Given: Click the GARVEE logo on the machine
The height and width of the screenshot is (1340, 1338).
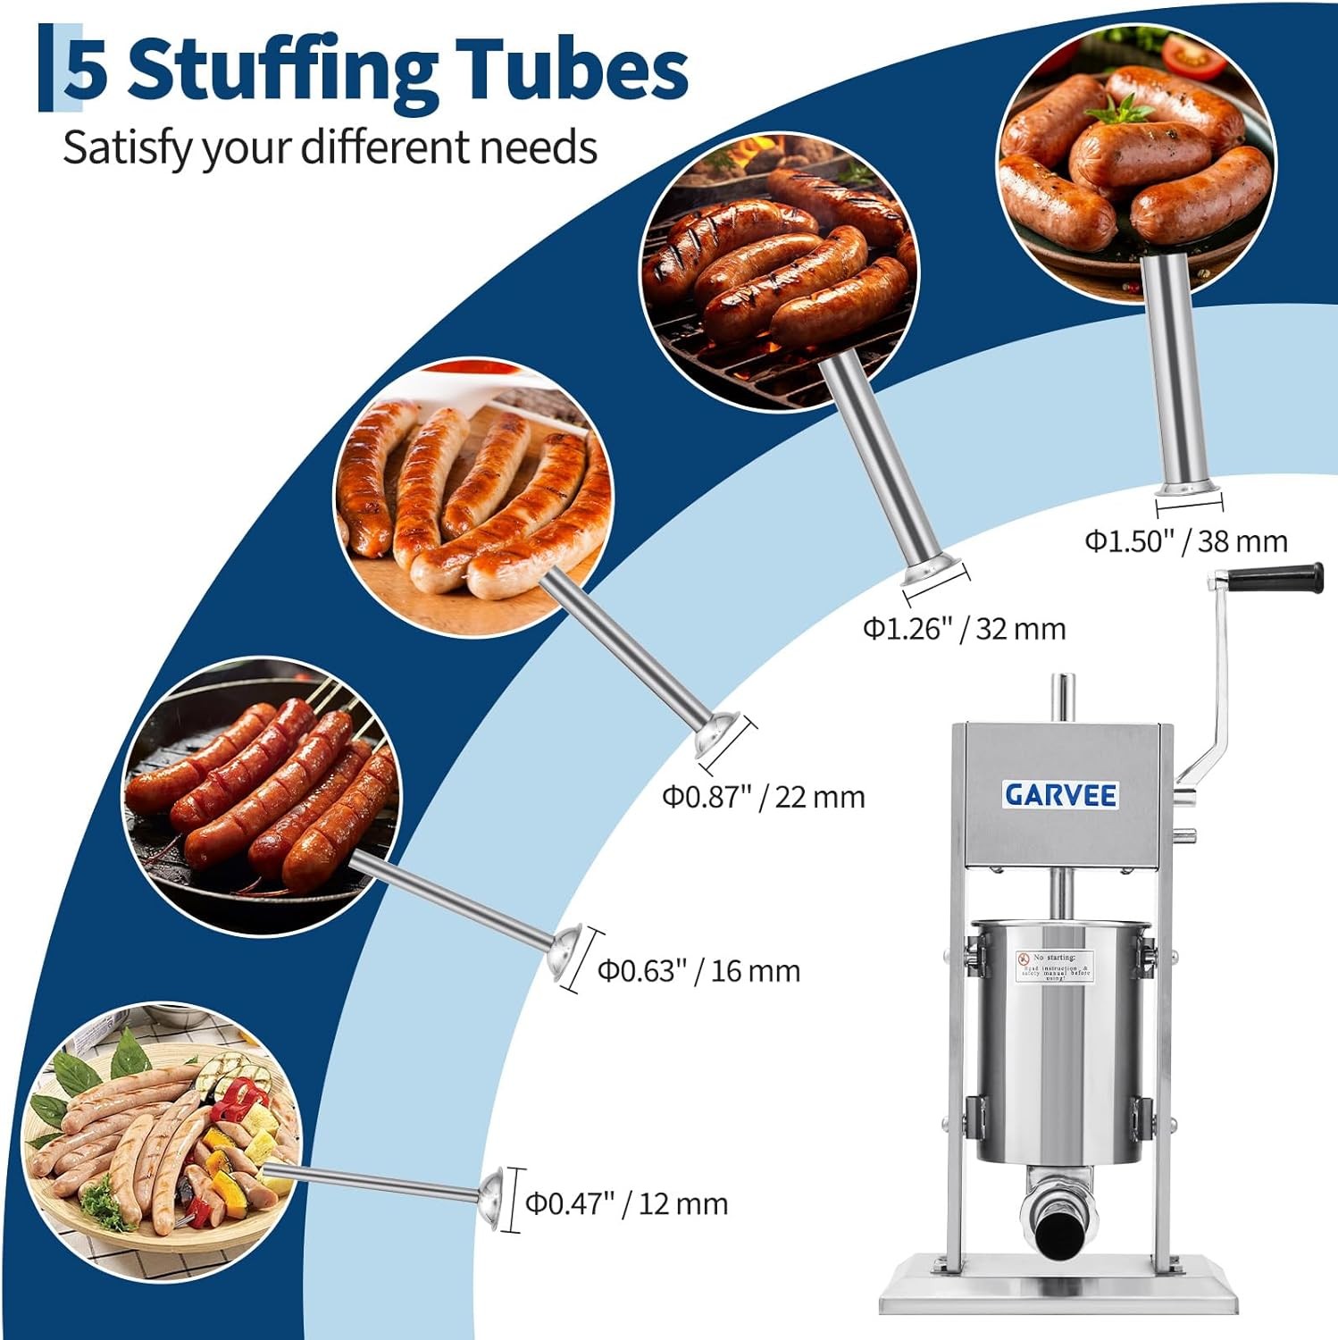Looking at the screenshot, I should point(1060,794).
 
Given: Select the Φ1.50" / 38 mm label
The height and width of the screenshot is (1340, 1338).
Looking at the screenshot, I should point(1186,541).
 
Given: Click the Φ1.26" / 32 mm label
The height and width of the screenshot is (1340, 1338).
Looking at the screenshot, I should point(964,629).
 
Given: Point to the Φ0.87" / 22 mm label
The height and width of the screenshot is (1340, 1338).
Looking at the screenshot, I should point(763,796).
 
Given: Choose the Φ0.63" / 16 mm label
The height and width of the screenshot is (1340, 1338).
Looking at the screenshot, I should point(698,970).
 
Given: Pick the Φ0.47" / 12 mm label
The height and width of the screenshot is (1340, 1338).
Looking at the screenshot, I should point(626,1203).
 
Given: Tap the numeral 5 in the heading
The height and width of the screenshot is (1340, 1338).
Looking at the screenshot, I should point(87,71).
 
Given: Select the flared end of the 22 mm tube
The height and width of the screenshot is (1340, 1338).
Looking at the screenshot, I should point(721,737).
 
